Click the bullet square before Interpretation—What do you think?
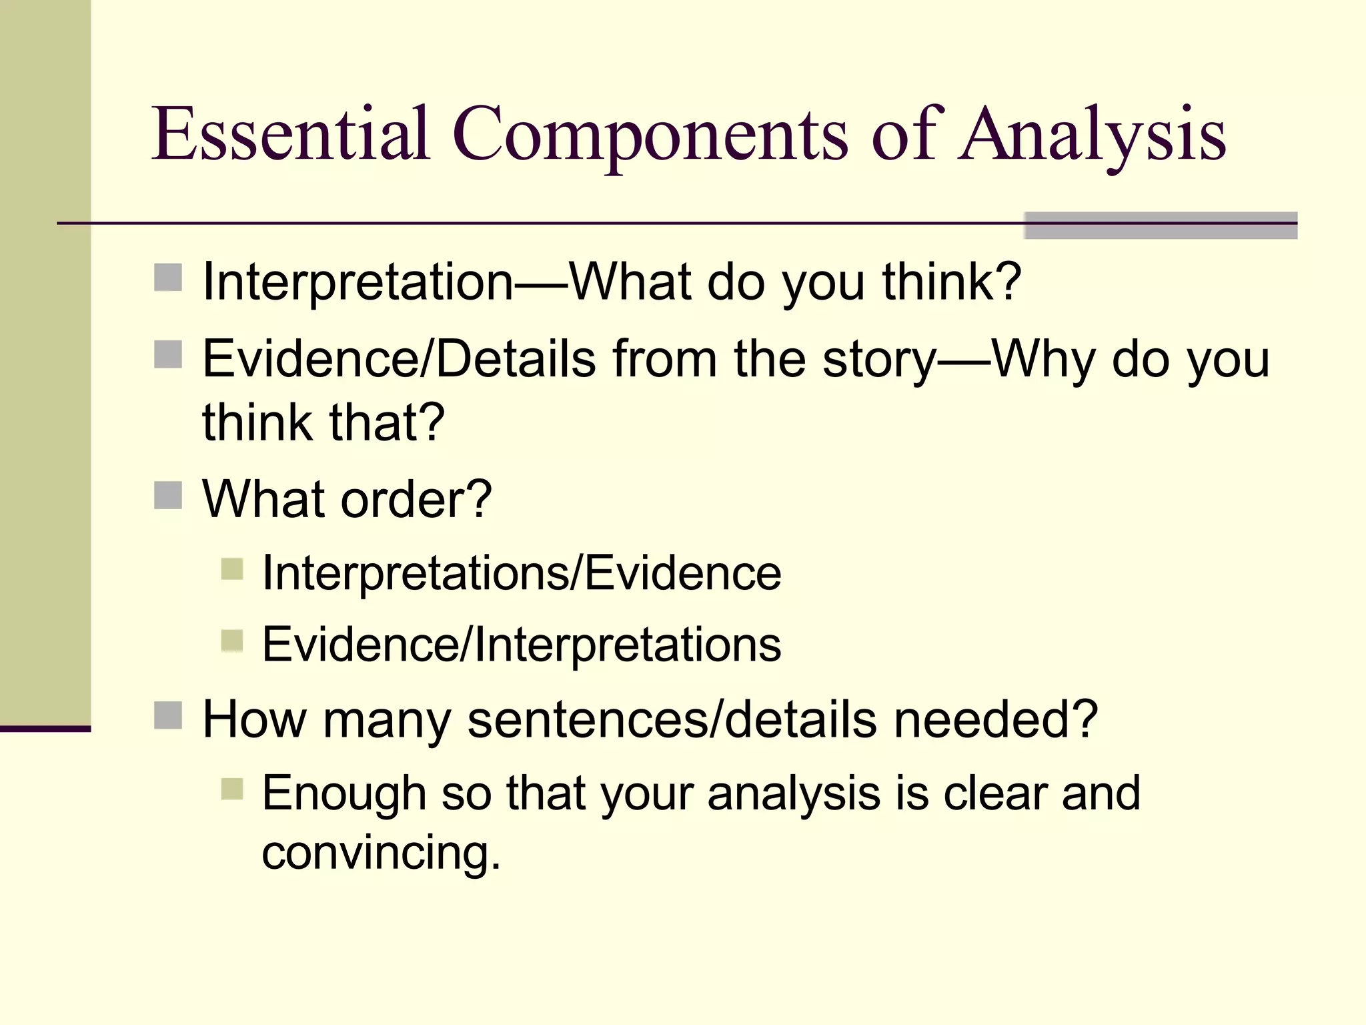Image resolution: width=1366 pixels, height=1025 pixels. pos(168,278)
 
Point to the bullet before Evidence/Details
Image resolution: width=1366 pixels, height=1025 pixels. pos(168,354)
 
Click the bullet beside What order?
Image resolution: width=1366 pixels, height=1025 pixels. pos(168,495)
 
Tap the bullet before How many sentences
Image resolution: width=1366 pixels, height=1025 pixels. pos(168,715)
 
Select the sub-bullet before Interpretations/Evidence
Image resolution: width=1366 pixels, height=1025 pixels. pos(231,569)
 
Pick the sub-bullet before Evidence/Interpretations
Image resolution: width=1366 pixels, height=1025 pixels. pos(231,641)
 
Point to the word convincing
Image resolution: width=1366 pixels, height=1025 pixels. pos(381,854)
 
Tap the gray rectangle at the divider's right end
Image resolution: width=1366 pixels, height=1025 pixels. pos(1160,226)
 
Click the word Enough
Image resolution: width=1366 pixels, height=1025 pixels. pos(344,793)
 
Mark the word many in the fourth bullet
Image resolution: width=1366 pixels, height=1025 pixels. pos(387,721)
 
